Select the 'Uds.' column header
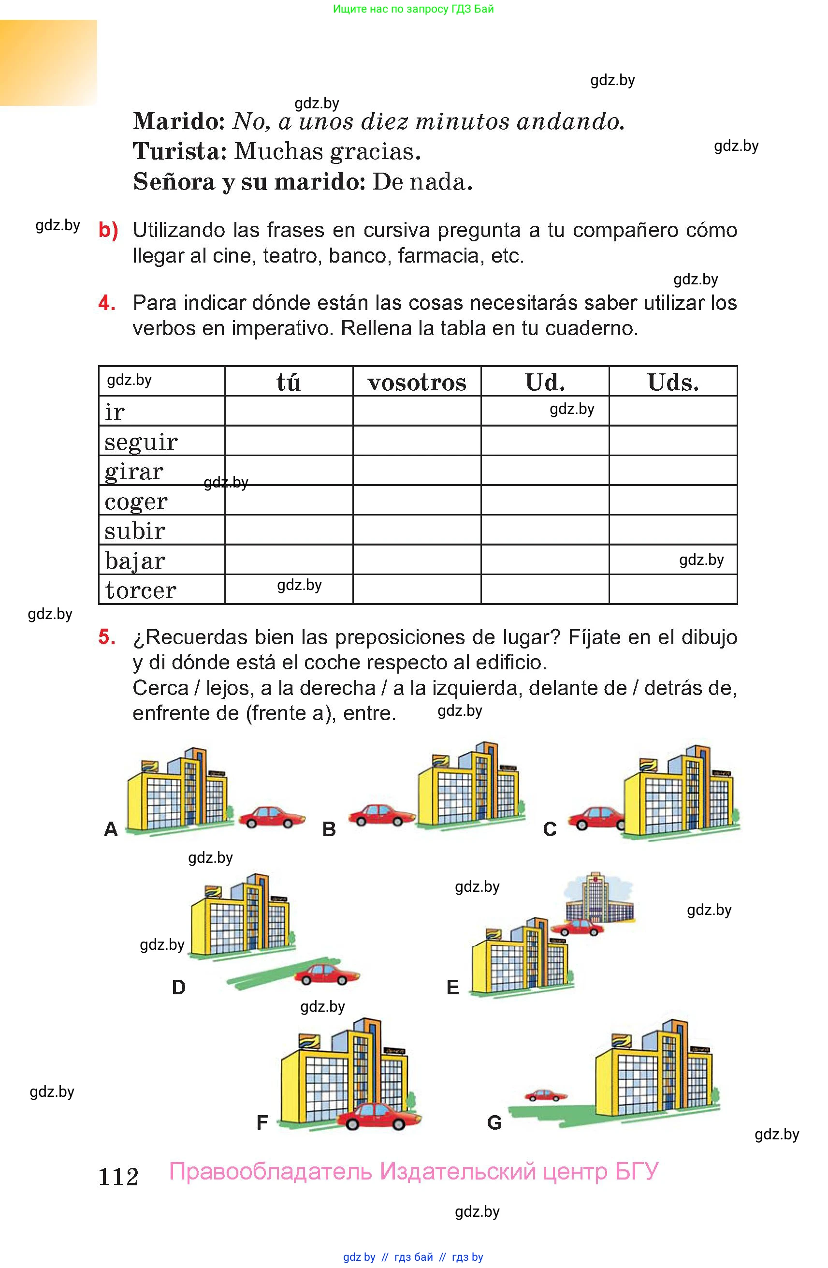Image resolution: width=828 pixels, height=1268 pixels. pos(672,383)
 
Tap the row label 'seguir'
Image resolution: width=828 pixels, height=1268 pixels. pos(141,442)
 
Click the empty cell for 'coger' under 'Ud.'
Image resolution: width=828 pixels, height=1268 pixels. pos(544,500)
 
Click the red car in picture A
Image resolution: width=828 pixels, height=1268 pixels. pos(272,817)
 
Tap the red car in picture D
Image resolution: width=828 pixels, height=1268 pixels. pos(326,974)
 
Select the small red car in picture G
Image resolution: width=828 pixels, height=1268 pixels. pos(545,1095)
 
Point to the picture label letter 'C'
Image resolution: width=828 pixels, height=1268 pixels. pos(550,829)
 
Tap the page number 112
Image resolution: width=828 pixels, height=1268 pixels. pos(118,1177)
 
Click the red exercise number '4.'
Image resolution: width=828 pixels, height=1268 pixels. pos(107,303)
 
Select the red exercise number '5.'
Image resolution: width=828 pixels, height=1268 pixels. pos(107,637)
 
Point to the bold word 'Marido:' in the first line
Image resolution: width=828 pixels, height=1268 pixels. pos(179,121)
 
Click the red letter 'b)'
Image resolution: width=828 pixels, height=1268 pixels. pos(109,230)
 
